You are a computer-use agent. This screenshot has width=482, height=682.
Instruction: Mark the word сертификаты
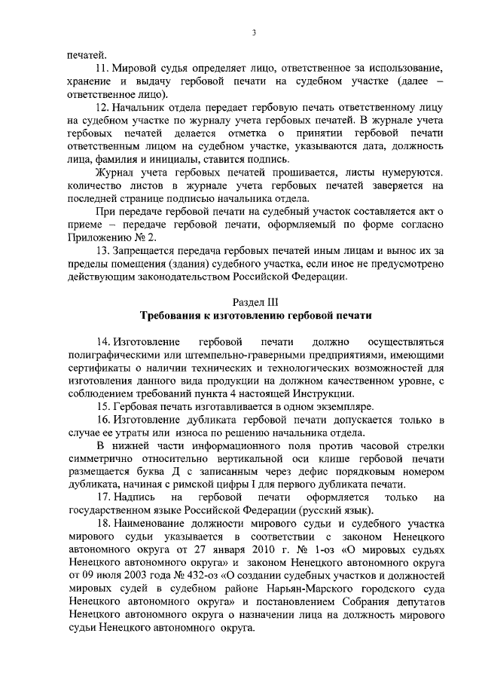pos(97,367)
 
